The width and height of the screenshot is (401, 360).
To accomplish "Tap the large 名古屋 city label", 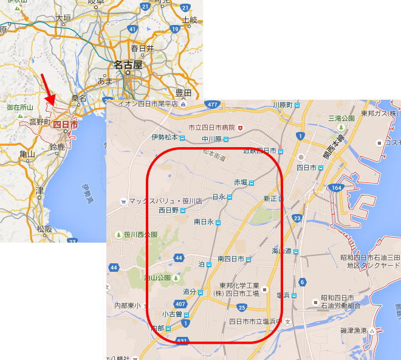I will pos(128,65).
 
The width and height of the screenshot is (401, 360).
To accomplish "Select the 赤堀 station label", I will pos(241,182).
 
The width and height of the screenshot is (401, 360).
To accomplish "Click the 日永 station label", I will pos(219,196).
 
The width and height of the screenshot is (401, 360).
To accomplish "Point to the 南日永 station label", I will pos(204,222).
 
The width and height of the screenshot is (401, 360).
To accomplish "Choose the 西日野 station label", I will pos(169,210).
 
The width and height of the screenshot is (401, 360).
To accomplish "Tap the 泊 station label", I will pos(202,264).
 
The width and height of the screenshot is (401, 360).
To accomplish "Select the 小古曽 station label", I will pos(173,314).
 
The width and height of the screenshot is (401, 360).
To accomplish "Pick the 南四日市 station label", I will pos(231,259).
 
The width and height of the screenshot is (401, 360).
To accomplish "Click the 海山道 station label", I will pos(282,251).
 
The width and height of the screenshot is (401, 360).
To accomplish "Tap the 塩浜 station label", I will pos(283,295).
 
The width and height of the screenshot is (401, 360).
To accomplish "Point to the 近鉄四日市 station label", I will pos(260,150).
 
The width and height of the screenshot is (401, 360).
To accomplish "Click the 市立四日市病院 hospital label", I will pos(211,128).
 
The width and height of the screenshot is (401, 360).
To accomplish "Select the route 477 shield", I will pos(211,105).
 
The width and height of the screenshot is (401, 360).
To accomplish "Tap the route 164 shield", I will pos(336,188).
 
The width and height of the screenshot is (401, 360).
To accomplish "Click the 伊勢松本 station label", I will pos(165,137).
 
